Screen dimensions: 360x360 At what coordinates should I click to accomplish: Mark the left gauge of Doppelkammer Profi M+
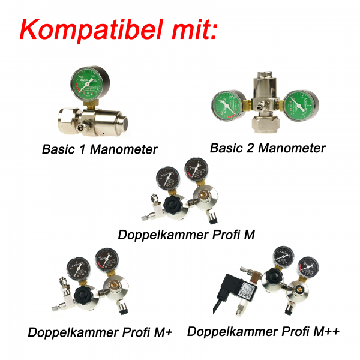tap(77, 264)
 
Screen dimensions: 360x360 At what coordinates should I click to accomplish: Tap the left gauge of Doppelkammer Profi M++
tap(280, 257)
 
